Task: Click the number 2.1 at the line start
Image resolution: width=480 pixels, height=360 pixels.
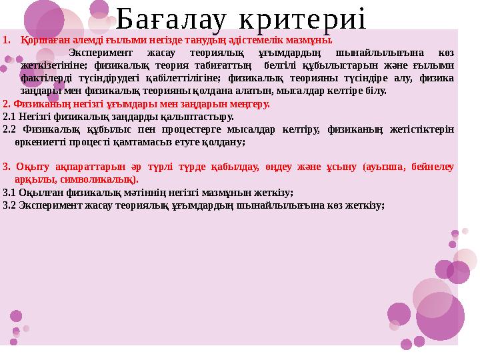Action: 9,117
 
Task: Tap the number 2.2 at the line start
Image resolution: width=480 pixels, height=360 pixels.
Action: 9,129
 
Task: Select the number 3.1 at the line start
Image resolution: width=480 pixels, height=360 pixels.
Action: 9,193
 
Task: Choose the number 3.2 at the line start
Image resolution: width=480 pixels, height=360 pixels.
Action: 9,205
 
